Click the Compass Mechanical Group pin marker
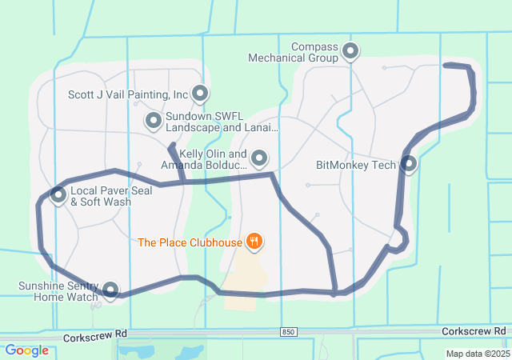point(350,52)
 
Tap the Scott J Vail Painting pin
point(199,94)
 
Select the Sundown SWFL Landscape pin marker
point(154,121)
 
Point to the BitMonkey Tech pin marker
point(409,164)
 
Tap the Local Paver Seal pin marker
point(58,194)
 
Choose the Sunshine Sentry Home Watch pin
point(110,290)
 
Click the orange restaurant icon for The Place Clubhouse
point(254,241)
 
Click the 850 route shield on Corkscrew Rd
point(288,331)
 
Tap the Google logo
point(26,350)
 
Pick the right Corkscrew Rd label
point(476,330)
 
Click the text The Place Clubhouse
point(190,242)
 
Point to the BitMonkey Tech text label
point(356,166)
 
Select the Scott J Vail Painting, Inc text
point(128,94)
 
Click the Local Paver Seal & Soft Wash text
point(101,197)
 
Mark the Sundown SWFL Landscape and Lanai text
point(222,122)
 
